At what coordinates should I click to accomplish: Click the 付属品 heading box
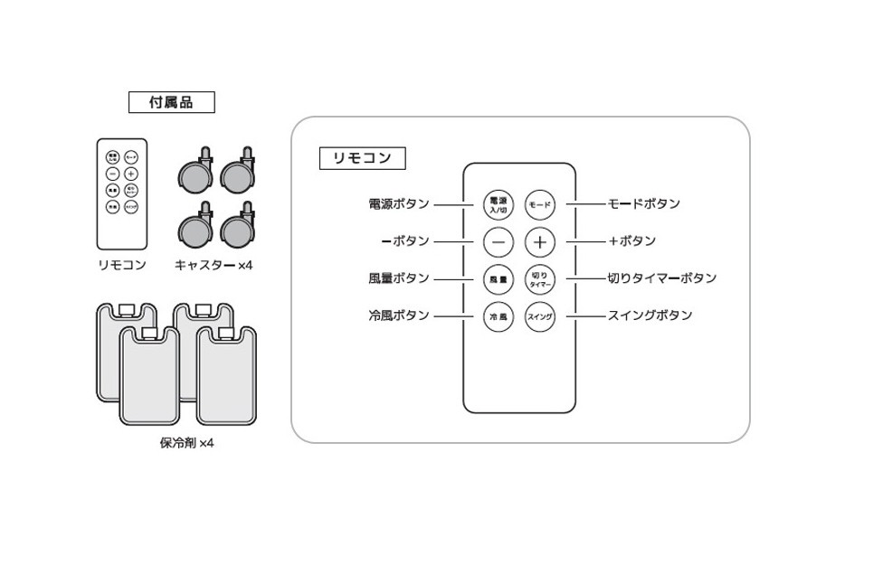(x=171, y=102)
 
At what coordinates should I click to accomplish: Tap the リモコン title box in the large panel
(x=362, y=158)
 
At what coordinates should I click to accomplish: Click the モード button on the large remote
(x=540, y=204)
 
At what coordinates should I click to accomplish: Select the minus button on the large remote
(x=498, y=241)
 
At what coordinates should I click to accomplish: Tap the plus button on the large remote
(x=540, y=241)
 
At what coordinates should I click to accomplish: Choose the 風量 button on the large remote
(x=498, y=279)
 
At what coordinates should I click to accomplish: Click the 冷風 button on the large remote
(x=498, y=316)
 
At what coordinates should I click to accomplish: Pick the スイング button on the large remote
(x=540, y=316)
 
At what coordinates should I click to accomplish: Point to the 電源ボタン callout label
(x=399, y=204)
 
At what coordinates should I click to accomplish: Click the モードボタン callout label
(x=643, y=204)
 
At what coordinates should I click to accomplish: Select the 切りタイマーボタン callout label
(x=661, y=278)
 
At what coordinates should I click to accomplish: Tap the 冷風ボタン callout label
(x=399, y=315)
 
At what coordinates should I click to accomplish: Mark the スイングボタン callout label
(x=650, y=315)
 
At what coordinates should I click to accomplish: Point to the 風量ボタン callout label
(x=399, y=278)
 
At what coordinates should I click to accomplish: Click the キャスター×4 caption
(x=214, y=265)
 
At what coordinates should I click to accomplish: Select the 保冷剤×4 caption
(x=181, y=443)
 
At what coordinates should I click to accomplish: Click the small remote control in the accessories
(x=121, y=193)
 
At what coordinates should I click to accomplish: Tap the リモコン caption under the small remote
(x=121, y=265)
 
